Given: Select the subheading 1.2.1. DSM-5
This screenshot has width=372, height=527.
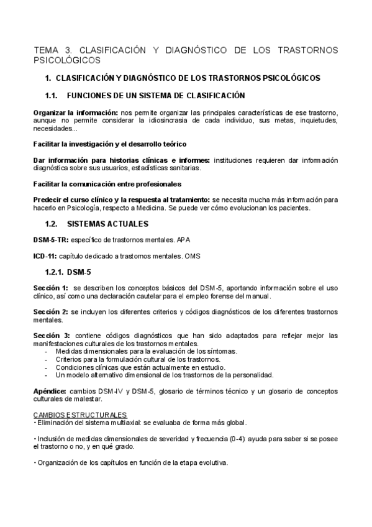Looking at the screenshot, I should point(69,272).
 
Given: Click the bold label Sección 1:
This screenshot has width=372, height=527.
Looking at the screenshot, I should point(51,288).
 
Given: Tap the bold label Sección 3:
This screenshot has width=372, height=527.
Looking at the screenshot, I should point(52,336).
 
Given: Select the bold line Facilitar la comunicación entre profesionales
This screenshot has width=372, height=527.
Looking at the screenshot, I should point(107,184).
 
